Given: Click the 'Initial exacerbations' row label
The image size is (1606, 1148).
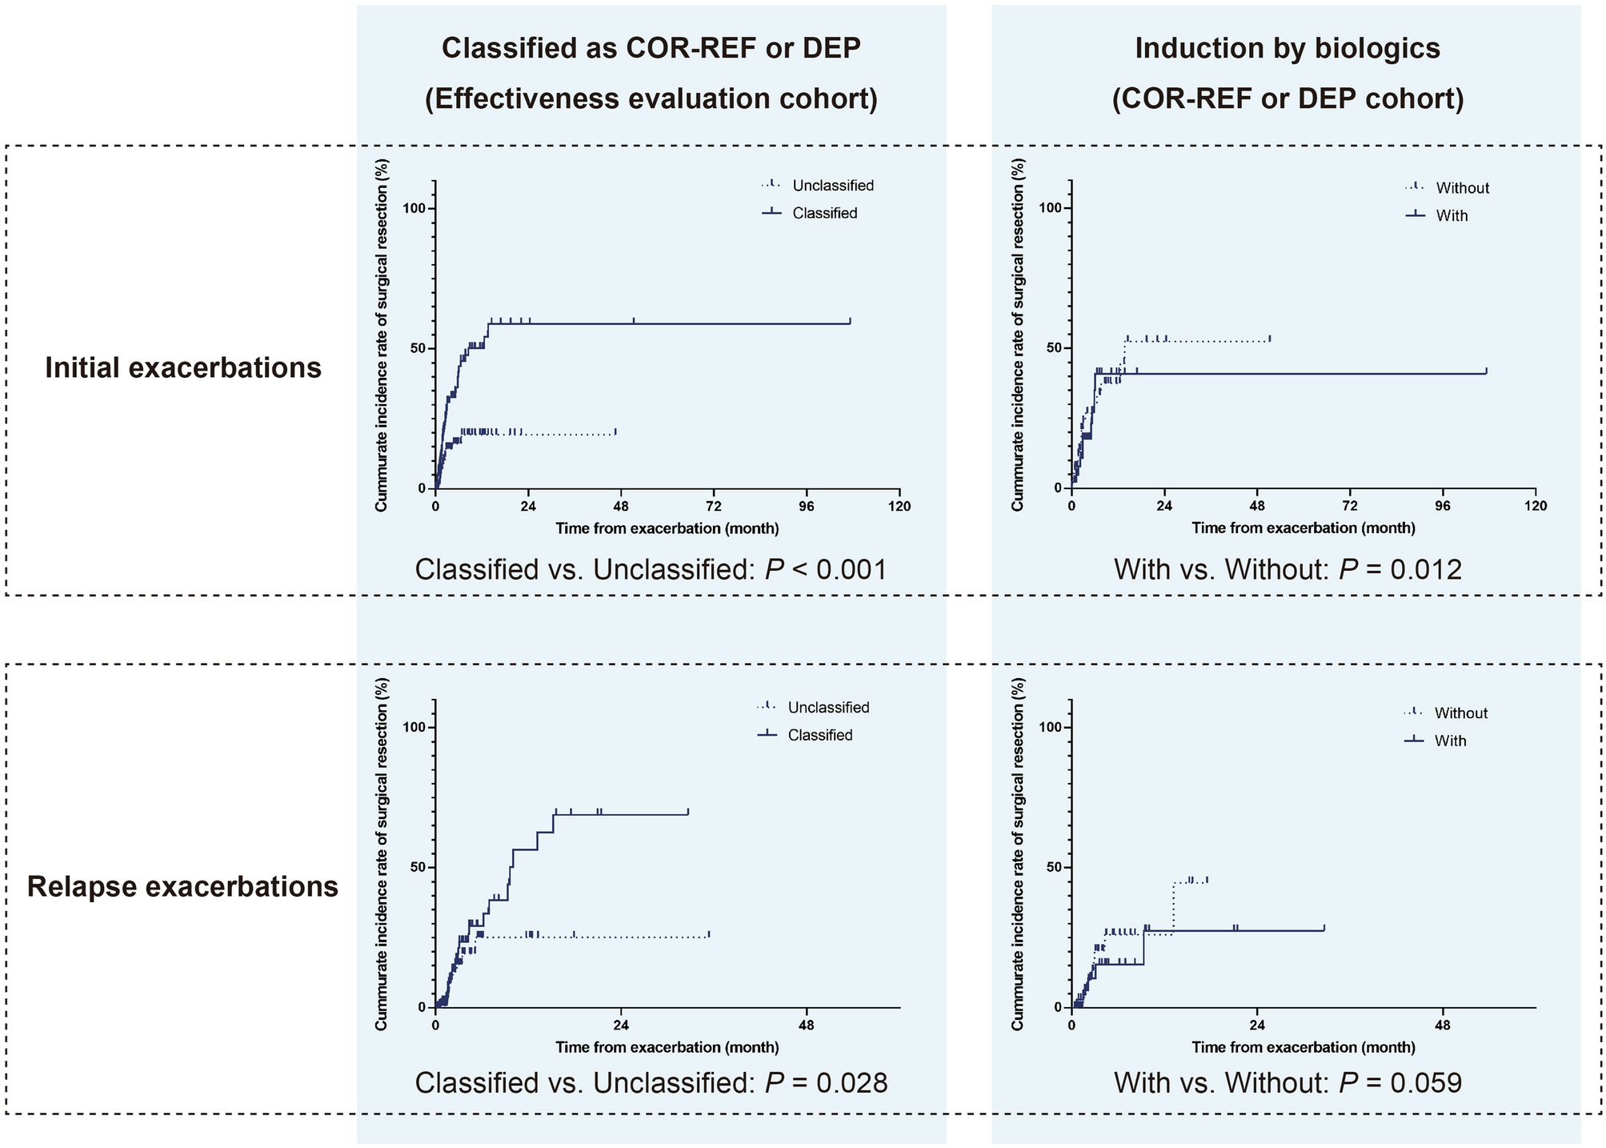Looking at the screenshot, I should pyautogui.click(x=183, y=367).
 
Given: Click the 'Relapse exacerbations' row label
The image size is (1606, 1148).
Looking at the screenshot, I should pyautogui.click(x=183, y=887).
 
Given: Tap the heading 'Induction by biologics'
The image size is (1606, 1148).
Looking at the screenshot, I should pyautogui.click(x=1288, y=48).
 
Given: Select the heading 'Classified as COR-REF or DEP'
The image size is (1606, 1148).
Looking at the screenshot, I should pyautogui.click(x=651, y=48).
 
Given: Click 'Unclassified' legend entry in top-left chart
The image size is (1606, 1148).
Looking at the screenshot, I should pyautogui.click(x=832, y=186).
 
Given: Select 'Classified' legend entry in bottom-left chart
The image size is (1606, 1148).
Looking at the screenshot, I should pyautogui.click(x=819, y=735).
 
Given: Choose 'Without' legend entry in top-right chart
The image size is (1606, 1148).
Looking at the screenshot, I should pyautogui.click(x=1462, y=188).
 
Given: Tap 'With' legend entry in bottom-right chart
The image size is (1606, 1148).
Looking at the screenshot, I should pyautogui.click(x=1450, y=741).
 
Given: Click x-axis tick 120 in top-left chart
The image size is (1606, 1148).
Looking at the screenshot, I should pyautogui.click(x=899, y=506).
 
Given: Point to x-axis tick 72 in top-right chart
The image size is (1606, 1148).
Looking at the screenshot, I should pyautogui.click(x=1350, y=506).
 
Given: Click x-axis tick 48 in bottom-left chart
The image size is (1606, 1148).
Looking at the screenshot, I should pyautogui.click(x=807, y=1025).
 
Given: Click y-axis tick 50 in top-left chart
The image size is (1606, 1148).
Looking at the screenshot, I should pyautogui.click(x=422, y=348).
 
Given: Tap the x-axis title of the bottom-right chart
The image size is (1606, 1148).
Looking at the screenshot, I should pyautogui.click(x=1303, y=1047).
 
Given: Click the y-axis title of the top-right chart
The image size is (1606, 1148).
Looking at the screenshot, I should pyautogui.click(x=1017, y=335).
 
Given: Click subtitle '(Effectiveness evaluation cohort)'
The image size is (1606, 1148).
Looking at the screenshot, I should pyautogui.click(x=651, y=98).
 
